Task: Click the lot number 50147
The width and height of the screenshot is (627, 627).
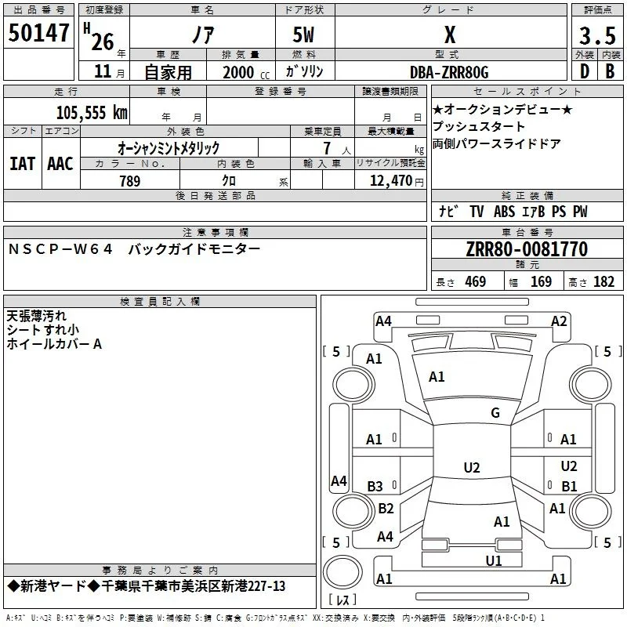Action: coord(38,33)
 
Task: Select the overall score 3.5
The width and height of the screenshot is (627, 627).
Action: coord(597,35)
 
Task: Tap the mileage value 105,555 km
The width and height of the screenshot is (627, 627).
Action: coord(92,113)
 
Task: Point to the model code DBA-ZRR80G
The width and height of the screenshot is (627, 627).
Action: coord(449,72)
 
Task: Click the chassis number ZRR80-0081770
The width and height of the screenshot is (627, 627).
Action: coord(527,249)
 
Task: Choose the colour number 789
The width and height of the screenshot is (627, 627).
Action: coord(130,181)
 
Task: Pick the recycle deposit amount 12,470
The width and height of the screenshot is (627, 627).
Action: coord(390,181)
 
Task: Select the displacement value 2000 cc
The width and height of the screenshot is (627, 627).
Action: coord(246,73)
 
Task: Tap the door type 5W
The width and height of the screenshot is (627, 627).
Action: coord(303,34)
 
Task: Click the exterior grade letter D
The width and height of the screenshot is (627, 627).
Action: coord(585,71)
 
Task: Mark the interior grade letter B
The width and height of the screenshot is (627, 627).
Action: coord(610,71)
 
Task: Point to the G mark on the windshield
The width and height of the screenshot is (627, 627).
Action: coord(495,412)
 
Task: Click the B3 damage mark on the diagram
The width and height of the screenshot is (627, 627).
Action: coord(375,486)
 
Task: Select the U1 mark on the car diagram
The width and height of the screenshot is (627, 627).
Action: coord(494,560)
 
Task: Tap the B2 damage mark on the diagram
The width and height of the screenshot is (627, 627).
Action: coord(386,508)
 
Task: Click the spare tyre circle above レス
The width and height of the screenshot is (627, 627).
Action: coord(342,572)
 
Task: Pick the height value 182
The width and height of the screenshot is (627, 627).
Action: coord(603,281)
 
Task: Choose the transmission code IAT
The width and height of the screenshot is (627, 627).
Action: coord(23,164)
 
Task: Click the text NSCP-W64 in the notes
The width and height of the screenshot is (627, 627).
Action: coord(60,249)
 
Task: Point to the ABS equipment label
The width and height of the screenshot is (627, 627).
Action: coord(504,212)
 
